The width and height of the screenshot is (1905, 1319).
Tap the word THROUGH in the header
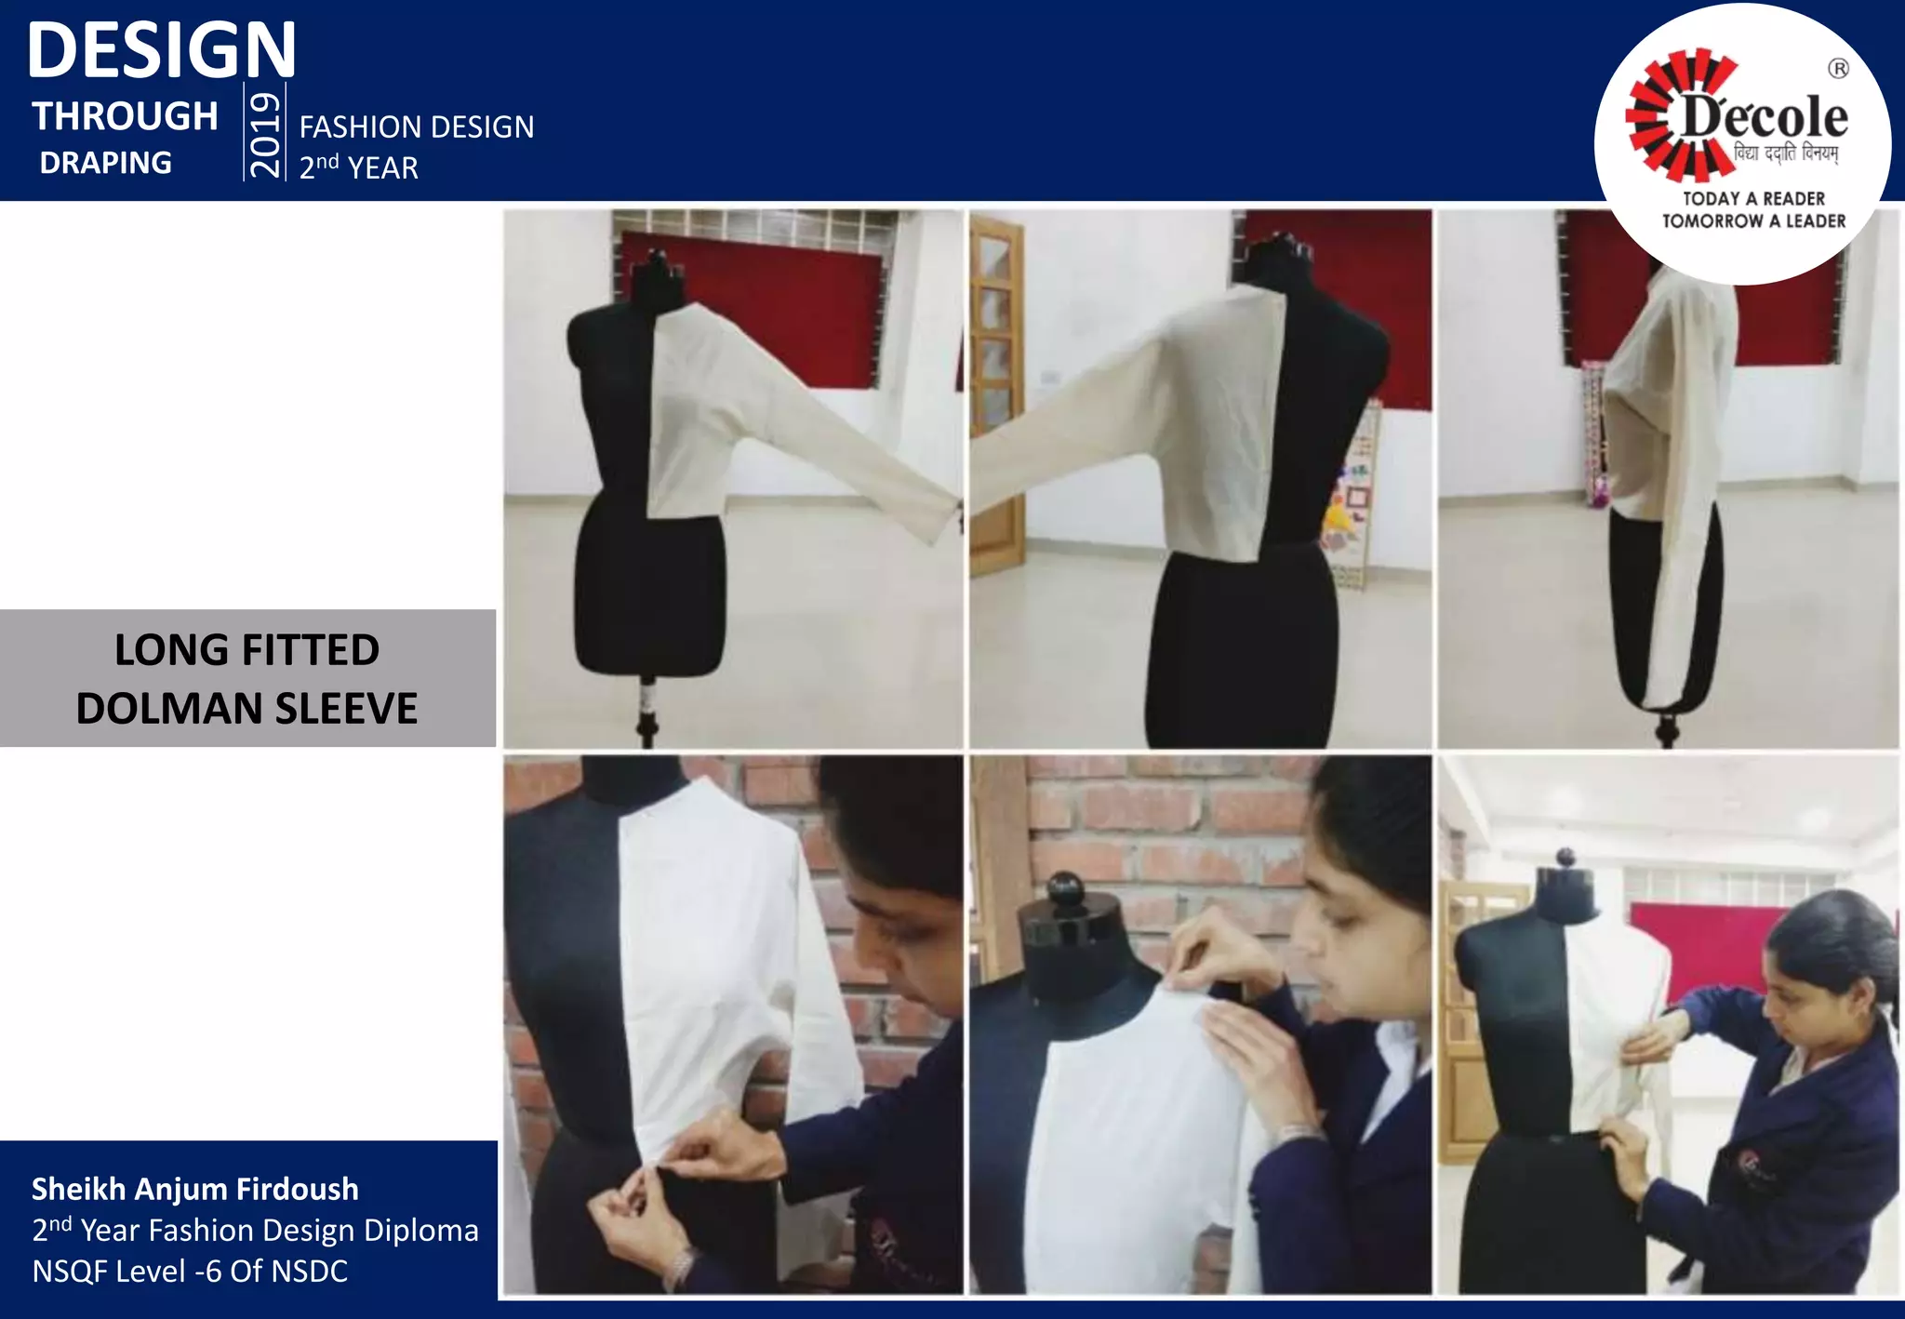pyautogui.click(x=126, y=117)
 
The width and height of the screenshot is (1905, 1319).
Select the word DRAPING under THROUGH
pyautogui.click(x=105, y=163)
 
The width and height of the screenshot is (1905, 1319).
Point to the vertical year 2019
pyautogui.click(x=265, y=132)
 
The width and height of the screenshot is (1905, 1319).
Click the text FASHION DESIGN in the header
pyautogui.click(x=417, y=127)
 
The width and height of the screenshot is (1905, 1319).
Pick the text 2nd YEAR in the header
pyautogui.click(x=359, y=167)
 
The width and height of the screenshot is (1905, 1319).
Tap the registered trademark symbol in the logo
pyautogui.click(x=1838, y=69)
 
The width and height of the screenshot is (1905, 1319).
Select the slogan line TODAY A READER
pyautogui.click(x=1753, y=198)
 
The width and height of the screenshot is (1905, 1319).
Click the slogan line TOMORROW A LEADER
pyautogui.click(x=1753, y=221)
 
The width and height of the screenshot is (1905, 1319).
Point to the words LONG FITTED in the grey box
pyautogui.click(x=246, y=649)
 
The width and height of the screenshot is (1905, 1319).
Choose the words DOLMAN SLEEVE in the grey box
pyautogui.click(x=246, y=709)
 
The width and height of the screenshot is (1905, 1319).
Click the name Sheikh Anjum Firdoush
pyautogui.click(x=195, y=1189)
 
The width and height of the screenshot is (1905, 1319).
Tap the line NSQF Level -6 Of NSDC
pyautogui.click(x=190, y=1271)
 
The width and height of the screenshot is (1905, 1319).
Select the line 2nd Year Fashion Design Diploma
pyautogui.click(x=255, y=1230)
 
